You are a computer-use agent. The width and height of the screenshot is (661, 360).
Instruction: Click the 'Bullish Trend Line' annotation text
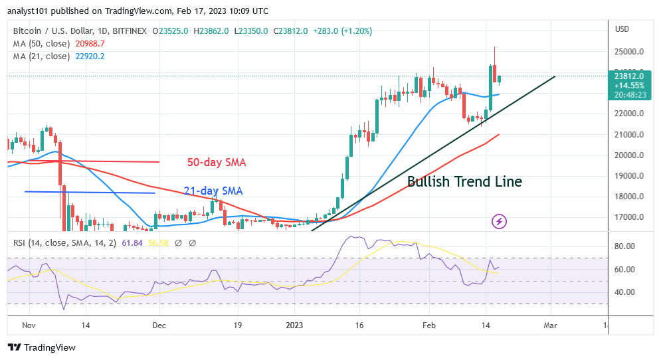click(x=464, y=181)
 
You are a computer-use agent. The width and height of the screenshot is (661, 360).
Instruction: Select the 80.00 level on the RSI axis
click(x=624, y=246)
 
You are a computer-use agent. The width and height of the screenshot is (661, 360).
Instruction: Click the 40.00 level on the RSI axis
click(x=624, y=292)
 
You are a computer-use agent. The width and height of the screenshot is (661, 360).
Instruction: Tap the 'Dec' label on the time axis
click(x=159, y=326)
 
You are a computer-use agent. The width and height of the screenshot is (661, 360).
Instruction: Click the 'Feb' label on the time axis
click(x=428, y=326)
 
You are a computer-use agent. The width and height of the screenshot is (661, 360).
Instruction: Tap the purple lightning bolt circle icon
click(x=499, y=221)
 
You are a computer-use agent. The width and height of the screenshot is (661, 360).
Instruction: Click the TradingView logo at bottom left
click(x=42, y=347)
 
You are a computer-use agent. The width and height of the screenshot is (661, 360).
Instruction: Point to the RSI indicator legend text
click(x=73, y=243)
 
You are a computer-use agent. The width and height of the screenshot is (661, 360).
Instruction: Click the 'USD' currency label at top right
click(x=622, y=29)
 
